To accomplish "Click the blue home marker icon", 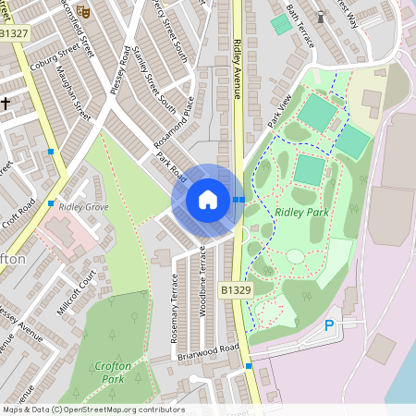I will click(x=208, y=199).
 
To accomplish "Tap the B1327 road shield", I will click(x=16, y=34).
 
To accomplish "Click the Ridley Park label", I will click(x=300, y=212).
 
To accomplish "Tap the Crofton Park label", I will click(x=113, y=373).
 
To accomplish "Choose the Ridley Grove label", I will click(x=83, y=207).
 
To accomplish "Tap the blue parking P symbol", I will click(x=329, y=325).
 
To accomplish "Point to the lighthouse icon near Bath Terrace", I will click(x=321, y=16).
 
